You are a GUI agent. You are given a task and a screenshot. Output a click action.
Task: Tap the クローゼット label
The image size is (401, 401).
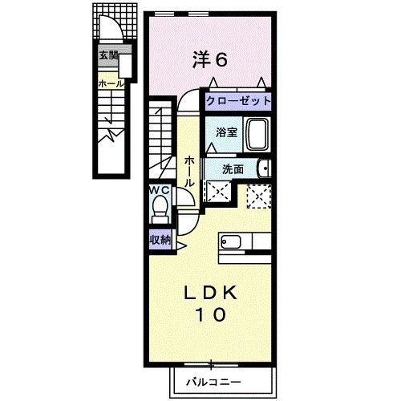237,102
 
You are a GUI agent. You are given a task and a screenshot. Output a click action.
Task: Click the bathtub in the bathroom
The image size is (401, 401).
257,133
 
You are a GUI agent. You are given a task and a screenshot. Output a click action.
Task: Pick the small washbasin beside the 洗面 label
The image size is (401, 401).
265,168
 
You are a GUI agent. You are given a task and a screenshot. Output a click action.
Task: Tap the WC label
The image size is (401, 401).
158,191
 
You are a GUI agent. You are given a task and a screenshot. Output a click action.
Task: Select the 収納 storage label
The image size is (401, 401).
160,239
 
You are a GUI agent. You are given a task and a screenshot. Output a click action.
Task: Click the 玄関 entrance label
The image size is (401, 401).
108,55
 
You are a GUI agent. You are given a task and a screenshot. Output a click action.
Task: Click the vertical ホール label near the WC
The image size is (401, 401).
189,172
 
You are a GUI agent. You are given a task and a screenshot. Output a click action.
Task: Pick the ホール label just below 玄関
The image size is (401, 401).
109,83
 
